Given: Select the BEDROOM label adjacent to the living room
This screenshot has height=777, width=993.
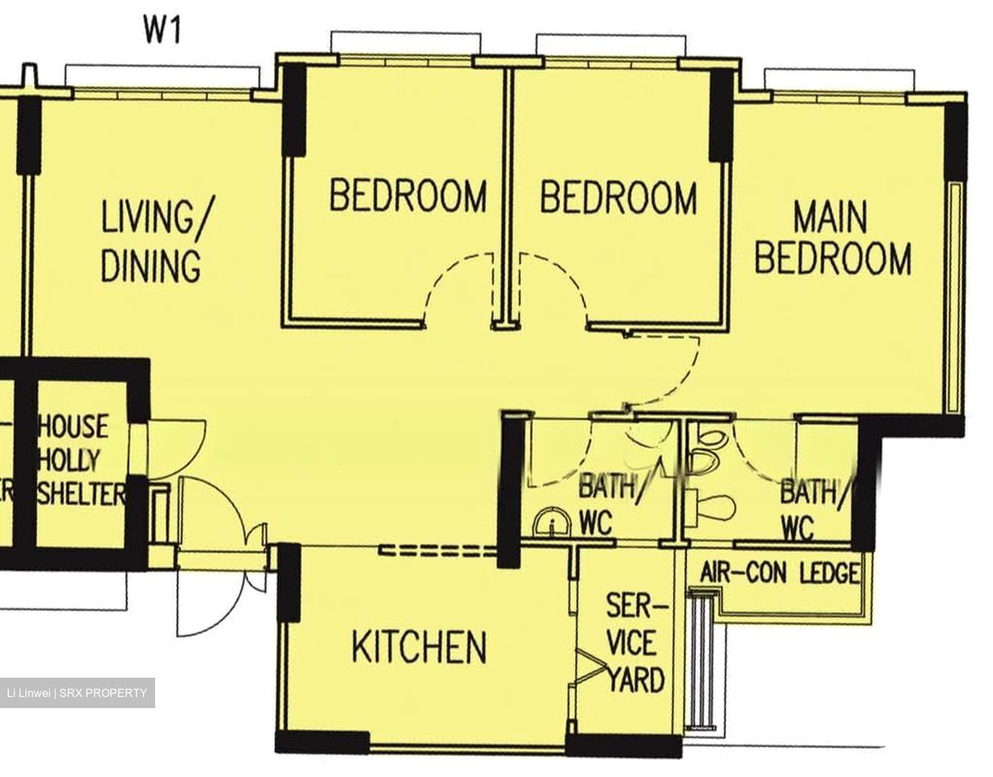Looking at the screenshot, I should pyautogui.click(x=408, y=195).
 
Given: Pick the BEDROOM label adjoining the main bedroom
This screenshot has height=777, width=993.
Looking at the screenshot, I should pyautogui.click(x=618, y=197).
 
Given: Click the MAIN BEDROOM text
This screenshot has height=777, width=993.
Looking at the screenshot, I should pyautogui.click(x=832, y=239).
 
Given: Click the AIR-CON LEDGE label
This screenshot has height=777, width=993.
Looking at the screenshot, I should pyautogui.click(x=780, y=573).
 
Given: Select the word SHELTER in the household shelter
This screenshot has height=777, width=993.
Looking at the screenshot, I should pyautogui.click(x=82, y=494).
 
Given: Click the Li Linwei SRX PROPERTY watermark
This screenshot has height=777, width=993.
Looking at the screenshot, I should pyautogui.click(x=77, y=693).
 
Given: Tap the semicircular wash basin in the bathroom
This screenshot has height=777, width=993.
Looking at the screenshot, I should pyautogui.click(x=553, y=524).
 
